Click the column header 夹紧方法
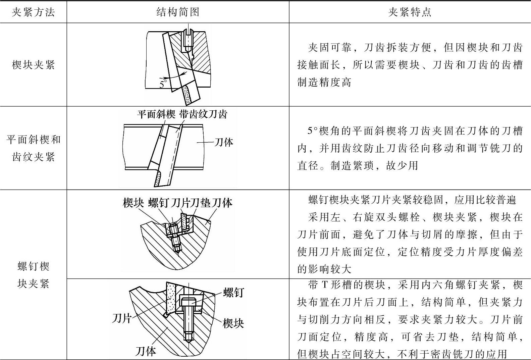[33, 12]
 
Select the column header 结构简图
[178, 12]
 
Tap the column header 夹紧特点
[410, 12]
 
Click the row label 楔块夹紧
[33, 64]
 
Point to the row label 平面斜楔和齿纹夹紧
[33, 148]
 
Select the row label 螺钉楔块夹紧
[33, 275]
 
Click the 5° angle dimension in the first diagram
[163, 84]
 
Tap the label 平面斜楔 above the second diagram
[156, 114]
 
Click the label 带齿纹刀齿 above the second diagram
[203, 114]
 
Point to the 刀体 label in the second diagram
[223, 142]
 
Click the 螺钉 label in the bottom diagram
[233, 293]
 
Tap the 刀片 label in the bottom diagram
[121, 317]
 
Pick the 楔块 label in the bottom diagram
[233, 323]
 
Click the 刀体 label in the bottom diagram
[146, 351]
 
